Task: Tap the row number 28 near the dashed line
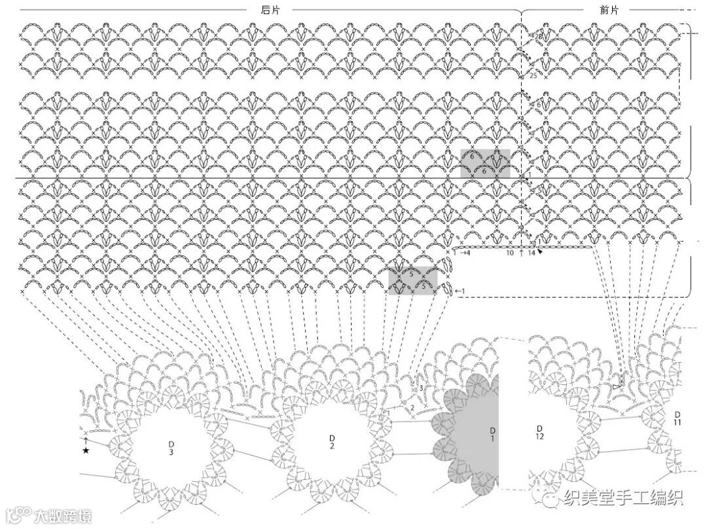pos(538,37)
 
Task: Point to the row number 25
pos(533,76)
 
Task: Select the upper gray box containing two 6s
pos(484,164)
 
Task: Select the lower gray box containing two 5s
pos(412,281)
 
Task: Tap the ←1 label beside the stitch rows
pos(459,291)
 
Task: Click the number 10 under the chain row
pos(509,252)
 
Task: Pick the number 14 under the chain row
pos(532,252)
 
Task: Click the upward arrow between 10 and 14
pos(520,252)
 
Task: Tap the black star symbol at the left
pos(85,450)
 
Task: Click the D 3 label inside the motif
pos(170,448)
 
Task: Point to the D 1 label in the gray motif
pos(492,435)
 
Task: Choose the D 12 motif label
pos(539,432)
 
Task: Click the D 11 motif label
pos(677,419)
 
